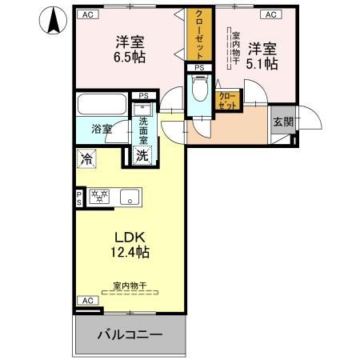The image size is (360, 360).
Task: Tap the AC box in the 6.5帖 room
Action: pos(86,14)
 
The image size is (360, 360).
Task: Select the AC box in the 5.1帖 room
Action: pos(270,14)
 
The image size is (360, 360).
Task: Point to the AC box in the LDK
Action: pos(87,300)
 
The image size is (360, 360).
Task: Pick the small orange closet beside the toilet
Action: pos(227,100)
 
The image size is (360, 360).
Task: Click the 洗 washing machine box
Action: pos(142,155)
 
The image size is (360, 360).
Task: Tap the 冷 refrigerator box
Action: pos(86,158)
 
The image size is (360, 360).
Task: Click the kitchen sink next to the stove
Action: pos(129,195)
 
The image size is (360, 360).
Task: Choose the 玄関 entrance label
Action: pos(282,122)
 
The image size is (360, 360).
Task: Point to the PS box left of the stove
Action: pos(79,196)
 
